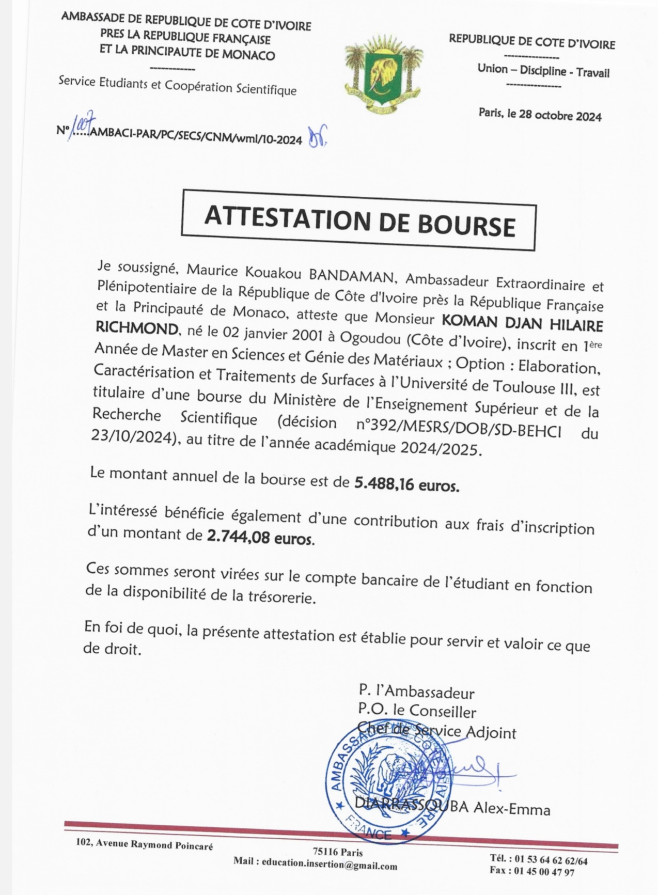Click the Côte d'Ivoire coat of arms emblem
[384, 74]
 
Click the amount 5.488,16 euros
[406, 484]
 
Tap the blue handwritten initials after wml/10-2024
[317, 136]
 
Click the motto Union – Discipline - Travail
[543, 71]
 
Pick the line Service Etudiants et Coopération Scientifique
[178, 86]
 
